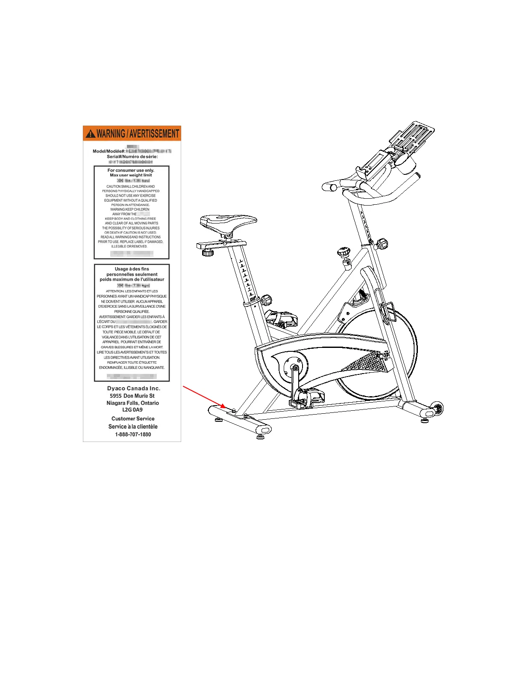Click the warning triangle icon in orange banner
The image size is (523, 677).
point(91,134)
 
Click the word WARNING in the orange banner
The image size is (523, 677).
point(111,134)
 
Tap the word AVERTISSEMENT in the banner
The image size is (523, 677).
point(154,134)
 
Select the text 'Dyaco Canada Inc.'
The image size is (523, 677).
point(134,389)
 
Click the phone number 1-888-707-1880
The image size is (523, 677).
point(133,434)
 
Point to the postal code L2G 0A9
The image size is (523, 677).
point(132,409)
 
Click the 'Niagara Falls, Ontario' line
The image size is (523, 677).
point(132,403)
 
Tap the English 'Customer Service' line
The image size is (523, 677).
point(133,419)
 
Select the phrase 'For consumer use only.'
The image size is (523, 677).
point(131,170)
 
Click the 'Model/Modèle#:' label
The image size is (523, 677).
point(109,151)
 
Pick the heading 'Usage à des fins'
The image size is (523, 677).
point(132,269)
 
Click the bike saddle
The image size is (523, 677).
point(228,222)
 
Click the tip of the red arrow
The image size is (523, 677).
point(225,407)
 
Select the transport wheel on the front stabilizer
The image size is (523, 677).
point(438,408)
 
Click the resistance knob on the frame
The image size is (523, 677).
point(343,253)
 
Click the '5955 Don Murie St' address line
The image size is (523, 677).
point(132,396)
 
